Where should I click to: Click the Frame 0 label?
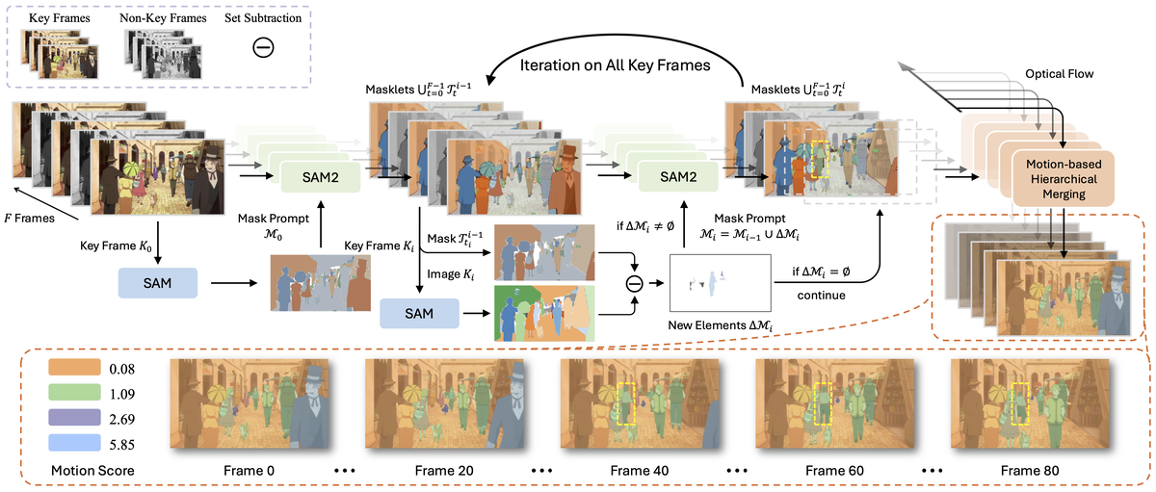pyautogui.click(x=250, y=471)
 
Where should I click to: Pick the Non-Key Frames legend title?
pyautogui.click(x=156, y=18)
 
